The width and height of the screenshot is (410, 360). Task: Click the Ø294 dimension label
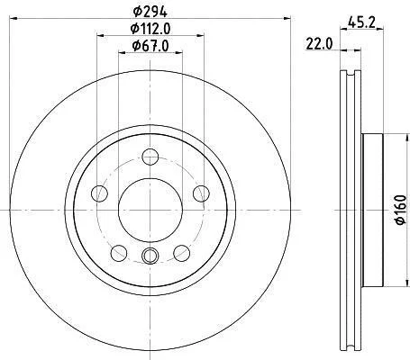tap(150, 12)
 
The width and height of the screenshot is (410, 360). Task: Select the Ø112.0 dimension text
tap(150, 29)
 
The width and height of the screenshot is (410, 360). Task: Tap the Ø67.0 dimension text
tap(150, 46)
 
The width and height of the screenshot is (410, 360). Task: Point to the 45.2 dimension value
tap(361, 22)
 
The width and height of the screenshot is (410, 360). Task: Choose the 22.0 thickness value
tap(319, 44)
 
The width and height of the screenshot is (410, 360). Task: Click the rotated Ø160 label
tap(401, 210)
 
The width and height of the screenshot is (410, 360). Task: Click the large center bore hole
tap(150, 210)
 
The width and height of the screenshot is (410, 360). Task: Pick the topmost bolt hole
tap(150, 157)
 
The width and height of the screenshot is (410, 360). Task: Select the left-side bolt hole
tap(99, 193)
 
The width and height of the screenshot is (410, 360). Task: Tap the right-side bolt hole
tap(201, 193)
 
